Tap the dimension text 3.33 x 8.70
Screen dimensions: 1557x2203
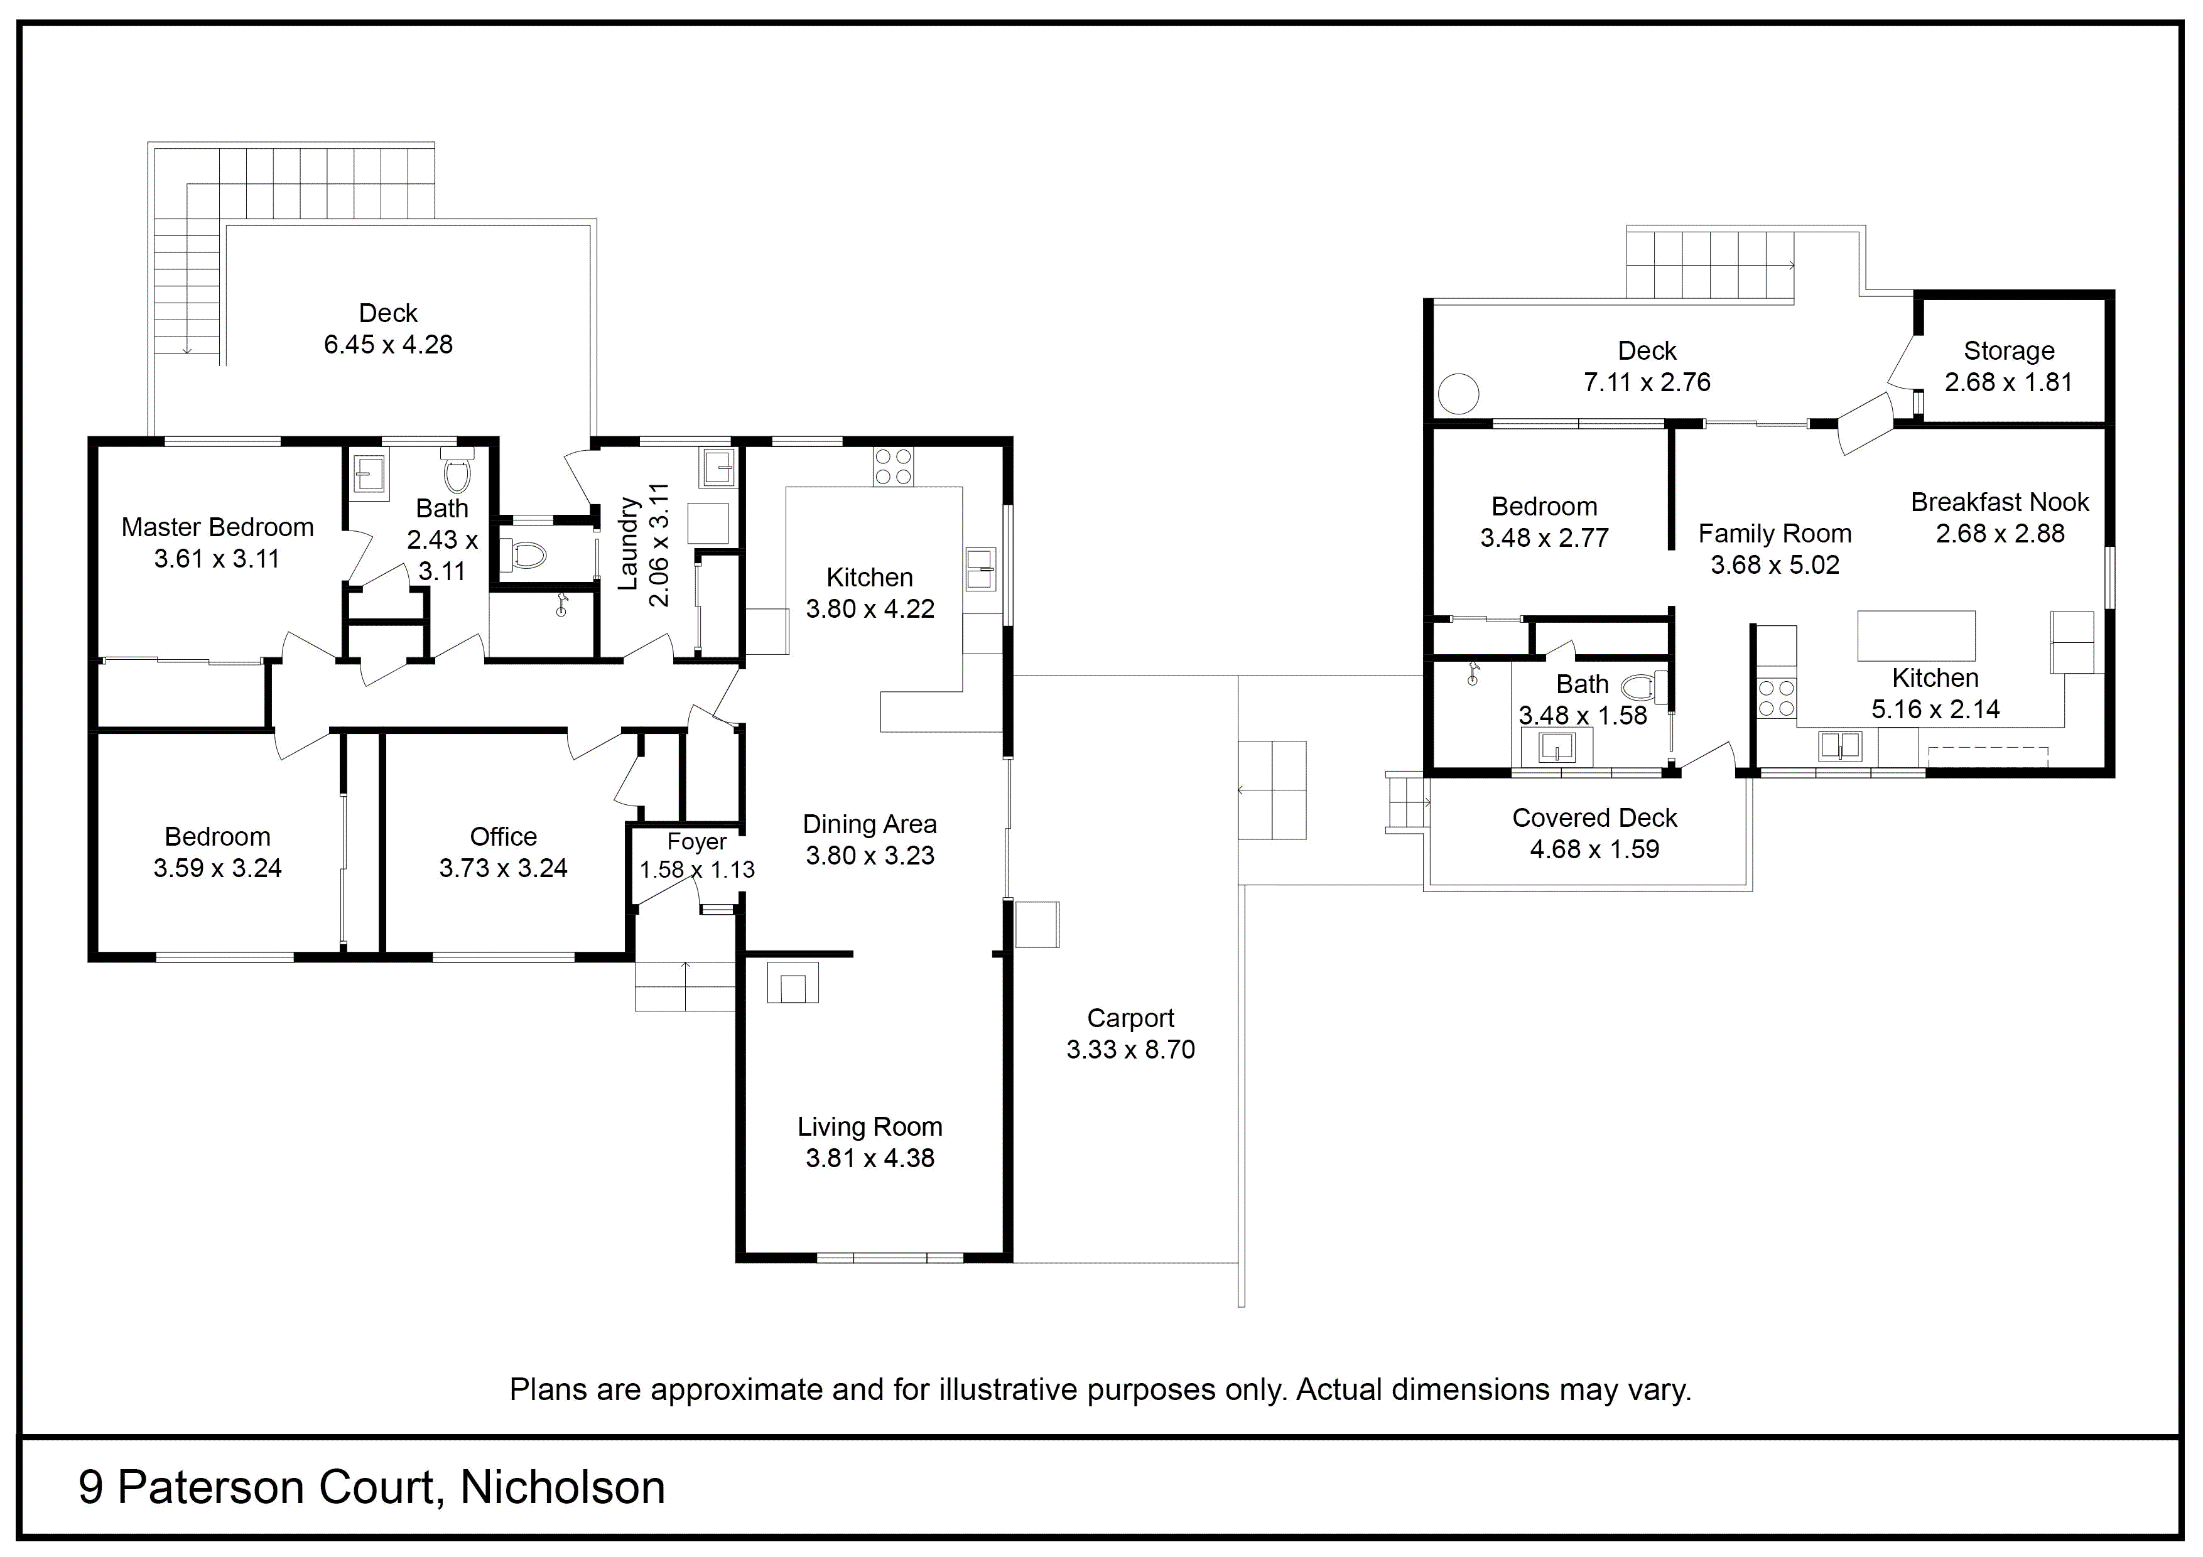[1130, 1050]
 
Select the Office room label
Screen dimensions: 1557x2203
[503, 836]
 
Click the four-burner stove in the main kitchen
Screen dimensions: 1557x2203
[893, 467]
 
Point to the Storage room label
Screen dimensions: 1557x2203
[2008, 351]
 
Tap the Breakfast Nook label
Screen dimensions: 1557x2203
[2000, 503]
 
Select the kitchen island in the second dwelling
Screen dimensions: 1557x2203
[1916, 636]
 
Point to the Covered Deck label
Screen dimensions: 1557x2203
[1594, 818]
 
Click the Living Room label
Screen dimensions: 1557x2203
[869, 1127]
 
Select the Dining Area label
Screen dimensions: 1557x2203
[869, 824]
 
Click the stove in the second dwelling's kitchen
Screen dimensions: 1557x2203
[1776, 698]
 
